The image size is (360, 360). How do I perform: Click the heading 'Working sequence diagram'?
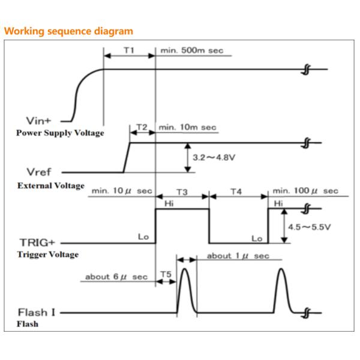coord(69,31)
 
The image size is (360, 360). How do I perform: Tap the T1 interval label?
coord(129,50)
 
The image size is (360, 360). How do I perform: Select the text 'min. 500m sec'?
coord(191,50)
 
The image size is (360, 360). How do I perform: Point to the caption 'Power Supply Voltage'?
coord(59,133)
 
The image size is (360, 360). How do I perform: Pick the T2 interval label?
coord(142,127)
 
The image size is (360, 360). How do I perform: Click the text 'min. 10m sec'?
coord(188,127)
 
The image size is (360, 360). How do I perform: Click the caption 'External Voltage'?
coord(51,185)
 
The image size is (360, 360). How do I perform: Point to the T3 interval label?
coord(182,191)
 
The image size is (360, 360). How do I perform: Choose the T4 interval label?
coord(236,191)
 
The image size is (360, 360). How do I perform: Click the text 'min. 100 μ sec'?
coord(305,191)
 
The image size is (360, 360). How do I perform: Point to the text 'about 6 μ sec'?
coord(116,277)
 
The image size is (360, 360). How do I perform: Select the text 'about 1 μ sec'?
coord(238,256)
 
